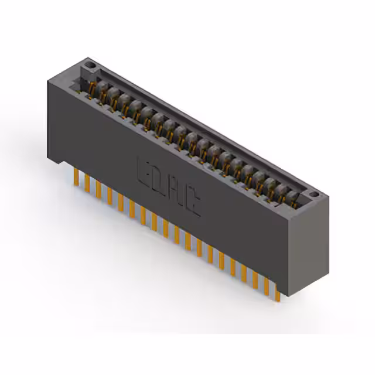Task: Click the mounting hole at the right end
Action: click(x=313, y=193)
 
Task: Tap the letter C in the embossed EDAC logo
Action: click(x=193, y=204)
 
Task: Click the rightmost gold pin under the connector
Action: click(x=277, y=292)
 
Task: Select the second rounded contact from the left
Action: click(x=113, y=94)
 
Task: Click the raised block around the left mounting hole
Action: click(x=88, y=66)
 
